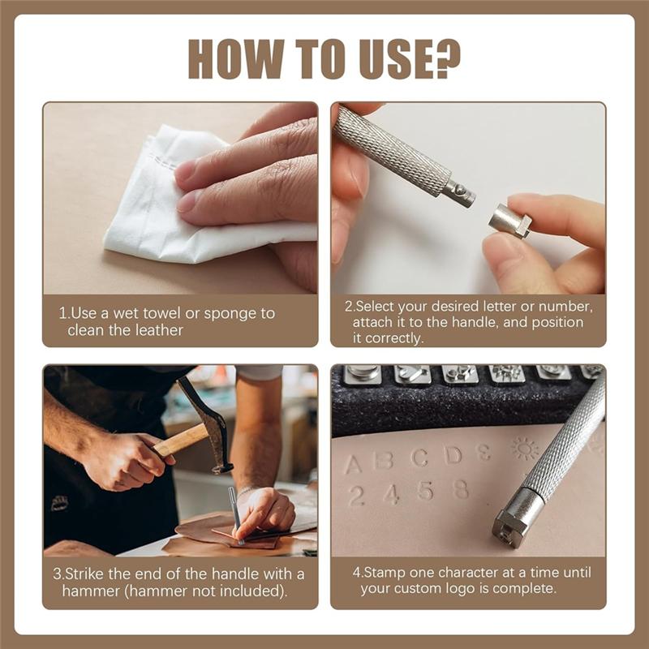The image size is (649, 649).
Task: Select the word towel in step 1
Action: click(x=167, y=313)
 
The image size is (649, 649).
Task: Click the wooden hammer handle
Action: click(x=178, y=442)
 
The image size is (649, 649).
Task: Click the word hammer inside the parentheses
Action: click(x=97, y=590)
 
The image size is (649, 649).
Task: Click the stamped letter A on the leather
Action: click(x=353, y=465)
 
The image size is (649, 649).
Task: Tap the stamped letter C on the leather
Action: click(x=419, y=458)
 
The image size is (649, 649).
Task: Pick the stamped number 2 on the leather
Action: click(x=356, y=496)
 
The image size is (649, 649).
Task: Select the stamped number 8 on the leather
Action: click(x=461, y=488)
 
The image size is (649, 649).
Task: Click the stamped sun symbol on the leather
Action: click(x=525, y=448)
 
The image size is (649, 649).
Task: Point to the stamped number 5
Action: click(x=425, y=491)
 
